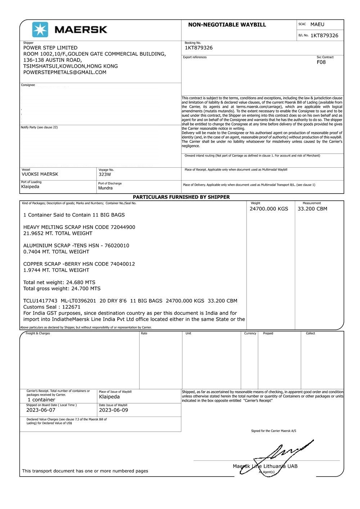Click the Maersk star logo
(x=40, y=29)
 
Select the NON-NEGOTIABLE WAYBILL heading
(x=227, y=25)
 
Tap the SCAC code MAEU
(x=317, y=24)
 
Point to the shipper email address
(x=65, y=72)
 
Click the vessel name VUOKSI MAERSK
(x=40, y=174)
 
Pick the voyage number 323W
(x=105, y=174)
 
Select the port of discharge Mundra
(x=105, y=188)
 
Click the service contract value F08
(x=321, y=62)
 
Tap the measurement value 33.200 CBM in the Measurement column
(x=312, y=209)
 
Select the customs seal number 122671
(x=71, y=307)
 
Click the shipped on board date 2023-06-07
(x=41, y=410)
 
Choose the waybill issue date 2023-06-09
(x=113, y=410)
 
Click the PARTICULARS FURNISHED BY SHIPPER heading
(x=181, y=197)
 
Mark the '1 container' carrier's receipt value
(x=41, y=400)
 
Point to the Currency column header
(x=250, y=333)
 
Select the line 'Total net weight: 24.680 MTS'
(x=59, y=282)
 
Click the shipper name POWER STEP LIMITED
(x=50, y=48)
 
